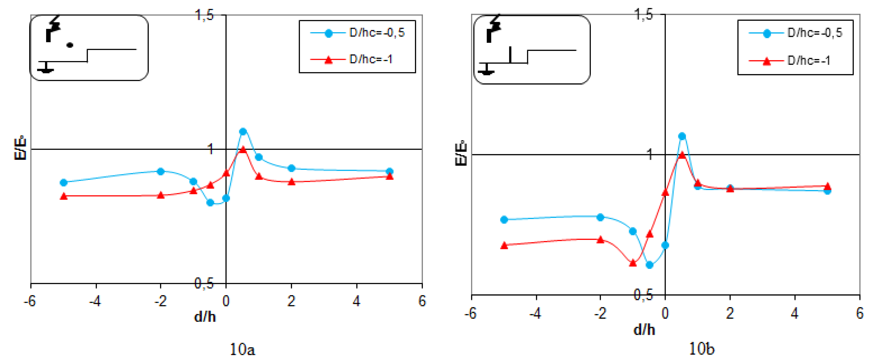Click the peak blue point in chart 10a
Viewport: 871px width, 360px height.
point(243,132)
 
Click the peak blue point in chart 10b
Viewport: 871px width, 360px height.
point(682,136)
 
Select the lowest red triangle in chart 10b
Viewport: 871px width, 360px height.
point(633,263)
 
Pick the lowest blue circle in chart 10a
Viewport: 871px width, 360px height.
point(210,203)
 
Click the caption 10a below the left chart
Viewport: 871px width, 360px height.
point(242,349)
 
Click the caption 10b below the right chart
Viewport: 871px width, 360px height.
point(702,349)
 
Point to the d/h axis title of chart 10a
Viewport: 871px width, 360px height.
point(205,317)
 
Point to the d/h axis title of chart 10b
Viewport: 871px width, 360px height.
point(644,329)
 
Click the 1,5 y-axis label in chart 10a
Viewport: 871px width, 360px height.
point(205,15)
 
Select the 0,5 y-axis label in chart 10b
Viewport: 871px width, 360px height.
point(643,295)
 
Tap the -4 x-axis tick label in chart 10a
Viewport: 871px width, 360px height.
point(95,301)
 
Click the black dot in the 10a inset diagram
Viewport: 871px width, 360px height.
point(70,45)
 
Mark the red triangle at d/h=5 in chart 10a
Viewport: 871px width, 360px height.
point(390,177)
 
